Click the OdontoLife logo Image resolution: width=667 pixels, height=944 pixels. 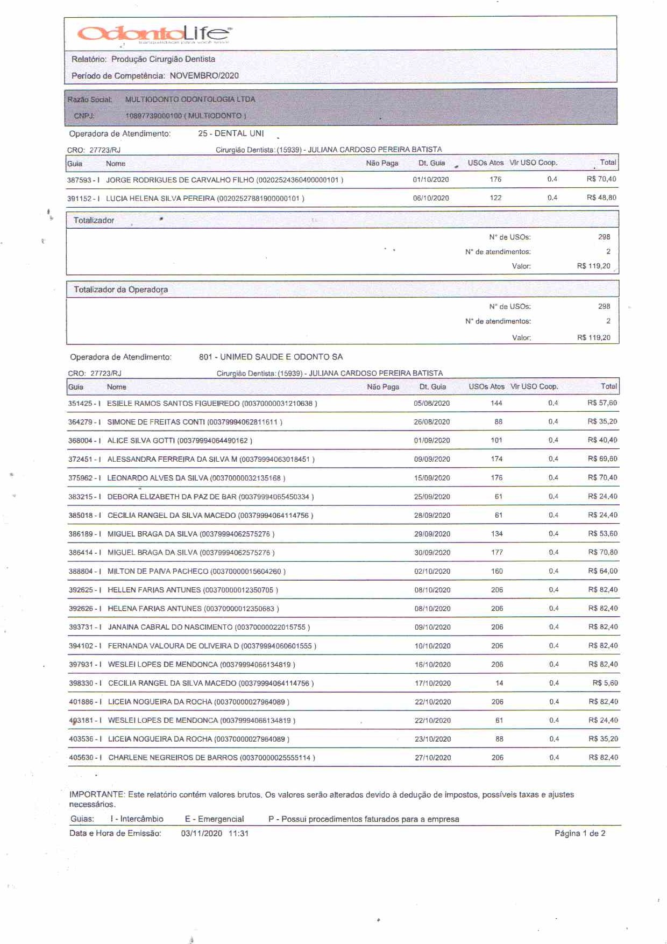(x=155, y=33)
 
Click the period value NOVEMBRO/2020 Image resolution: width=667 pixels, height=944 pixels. (x=204, y=76)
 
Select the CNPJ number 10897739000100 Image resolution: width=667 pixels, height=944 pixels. (x=153, y=116)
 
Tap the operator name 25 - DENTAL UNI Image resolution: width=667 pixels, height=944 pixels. (x=231, y=133)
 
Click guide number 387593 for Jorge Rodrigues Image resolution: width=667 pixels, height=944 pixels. (x=79, y=180)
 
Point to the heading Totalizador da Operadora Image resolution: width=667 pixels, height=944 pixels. (x=120, y=290)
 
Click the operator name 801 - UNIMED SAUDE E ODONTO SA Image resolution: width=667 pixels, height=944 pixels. (x=271, y=357)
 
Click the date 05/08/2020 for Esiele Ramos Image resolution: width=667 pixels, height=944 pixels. (x=431, y=403)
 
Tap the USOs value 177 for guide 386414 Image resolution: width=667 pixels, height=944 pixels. (x=496, y=552)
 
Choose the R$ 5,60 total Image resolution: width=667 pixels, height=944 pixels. (x=605, y=683)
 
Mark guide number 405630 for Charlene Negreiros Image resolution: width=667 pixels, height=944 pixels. (x=81, y=758)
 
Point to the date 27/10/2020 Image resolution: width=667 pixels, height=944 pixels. (x=432, y=758)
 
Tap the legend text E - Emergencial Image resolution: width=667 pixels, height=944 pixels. (x=214, y=819)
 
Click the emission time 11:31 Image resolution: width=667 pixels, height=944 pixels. (x=238, y=834)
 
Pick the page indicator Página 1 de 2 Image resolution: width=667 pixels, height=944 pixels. (x=580, y=834)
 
